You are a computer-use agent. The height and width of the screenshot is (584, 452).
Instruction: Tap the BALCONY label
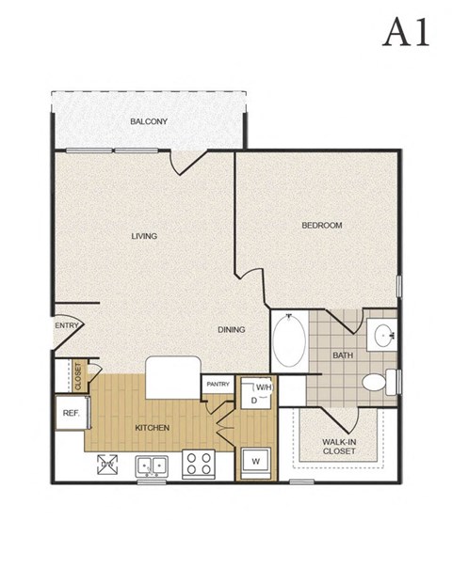[x=149, y=121]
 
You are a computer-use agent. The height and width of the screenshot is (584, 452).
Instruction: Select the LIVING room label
[x=144, y=236]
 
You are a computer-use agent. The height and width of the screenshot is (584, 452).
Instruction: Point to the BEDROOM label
[x=321, y=226]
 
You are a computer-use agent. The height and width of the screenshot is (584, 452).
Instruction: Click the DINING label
[x=231, y=330]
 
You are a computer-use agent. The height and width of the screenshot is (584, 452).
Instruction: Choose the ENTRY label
[x=67, y=325]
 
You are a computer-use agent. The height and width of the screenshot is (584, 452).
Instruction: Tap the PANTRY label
[x=218, y=384]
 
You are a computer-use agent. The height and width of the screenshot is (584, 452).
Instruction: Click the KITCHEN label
[x=152, y=428]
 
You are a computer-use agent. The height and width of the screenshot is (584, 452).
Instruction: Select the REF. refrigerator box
[x=71, y=413]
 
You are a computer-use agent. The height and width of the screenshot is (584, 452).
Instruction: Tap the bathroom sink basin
[x=383, y=334]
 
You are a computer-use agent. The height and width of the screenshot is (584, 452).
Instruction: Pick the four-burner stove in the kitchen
[x=199, y=463]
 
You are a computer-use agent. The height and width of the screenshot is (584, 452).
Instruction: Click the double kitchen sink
[x=151, y=464]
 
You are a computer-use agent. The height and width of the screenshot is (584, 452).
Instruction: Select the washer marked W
[x=254, y=461]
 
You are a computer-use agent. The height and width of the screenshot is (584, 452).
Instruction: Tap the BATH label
[x=343, y=355]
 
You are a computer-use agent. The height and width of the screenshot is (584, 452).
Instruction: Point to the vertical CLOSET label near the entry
[x=79, y=376]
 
